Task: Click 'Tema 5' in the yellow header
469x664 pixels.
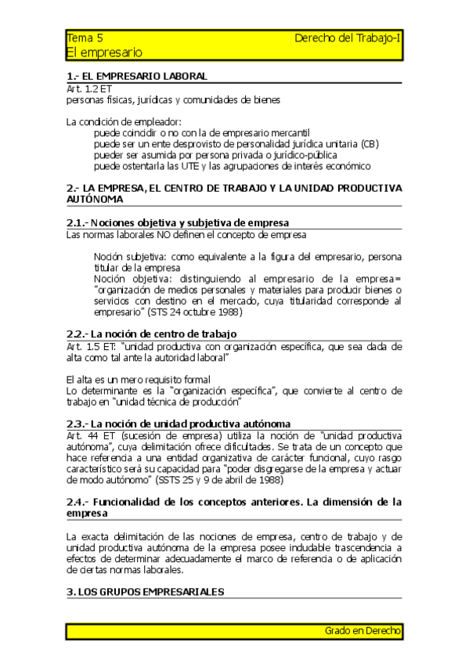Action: pyautogui.click(x=85, y=38)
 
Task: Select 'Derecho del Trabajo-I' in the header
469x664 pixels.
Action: pyautogui.click(x=348, y=38)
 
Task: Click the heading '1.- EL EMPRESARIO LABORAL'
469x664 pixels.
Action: pyautogui.click(x=137, y=76)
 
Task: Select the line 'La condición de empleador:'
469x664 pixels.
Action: pyautogui.click(x=124, y=121)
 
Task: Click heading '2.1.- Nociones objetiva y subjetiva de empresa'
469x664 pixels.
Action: pyautogui.click(x=178, y=222)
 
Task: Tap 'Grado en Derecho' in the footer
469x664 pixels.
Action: pyautogui.click(x=363, y=630)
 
